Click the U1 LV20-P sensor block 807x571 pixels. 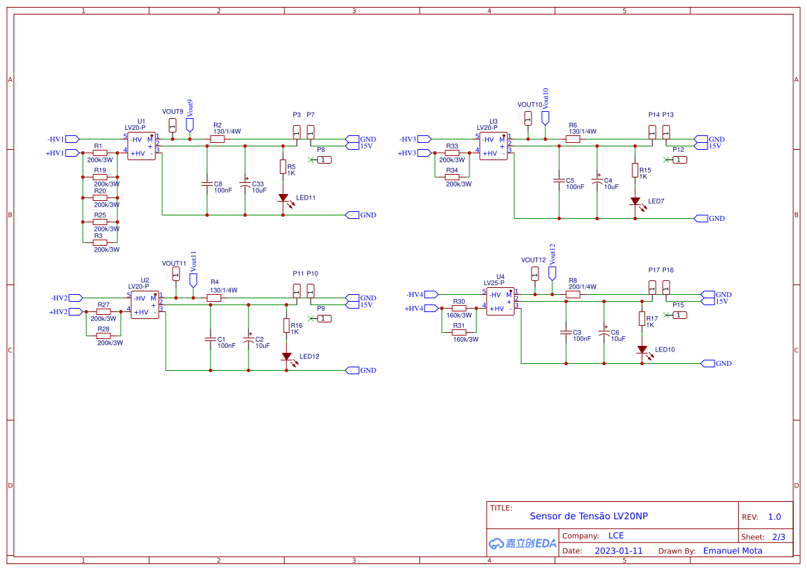[x=142, y=146]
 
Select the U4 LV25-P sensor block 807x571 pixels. [x=500, y=301]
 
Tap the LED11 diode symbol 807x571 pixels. [x=283, y=197]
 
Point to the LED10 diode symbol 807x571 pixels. [x=642, y=350]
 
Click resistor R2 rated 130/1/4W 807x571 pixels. [x=217, y=139]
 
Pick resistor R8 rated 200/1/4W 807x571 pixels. [x=573, y=294]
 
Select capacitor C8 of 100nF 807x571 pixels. [x=206, y=184]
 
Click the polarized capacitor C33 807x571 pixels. [x=245, y=184]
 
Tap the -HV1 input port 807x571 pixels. [x=72, y=139]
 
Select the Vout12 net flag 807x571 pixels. [x=552, y=273]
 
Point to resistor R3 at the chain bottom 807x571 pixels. [x=100, y=242]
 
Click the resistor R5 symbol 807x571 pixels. [x=283, y=166]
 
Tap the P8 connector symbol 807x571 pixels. [x=324, y=159]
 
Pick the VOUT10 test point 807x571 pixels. [x=528, y=117]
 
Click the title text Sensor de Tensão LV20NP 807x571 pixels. [x=588, y=516]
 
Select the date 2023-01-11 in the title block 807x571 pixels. [x=619, y=551]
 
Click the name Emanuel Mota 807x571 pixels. [x=732, y=550]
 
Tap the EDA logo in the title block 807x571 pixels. [x=522, y=543]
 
